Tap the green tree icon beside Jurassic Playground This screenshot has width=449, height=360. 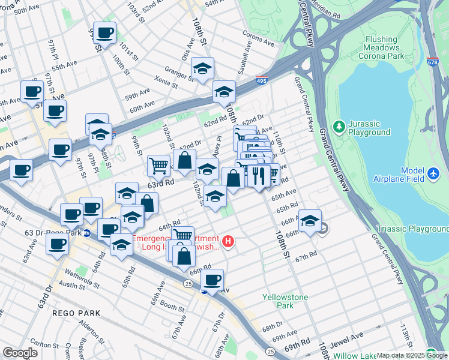point(340,127)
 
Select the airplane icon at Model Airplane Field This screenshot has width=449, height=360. point(435,173)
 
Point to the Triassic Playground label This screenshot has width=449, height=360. point(412,229)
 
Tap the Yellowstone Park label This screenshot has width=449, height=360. point(285,301)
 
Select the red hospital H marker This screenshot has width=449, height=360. point(228,242)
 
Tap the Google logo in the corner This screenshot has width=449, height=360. point(20,353)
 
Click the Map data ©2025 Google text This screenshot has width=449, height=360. point(412,355)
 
